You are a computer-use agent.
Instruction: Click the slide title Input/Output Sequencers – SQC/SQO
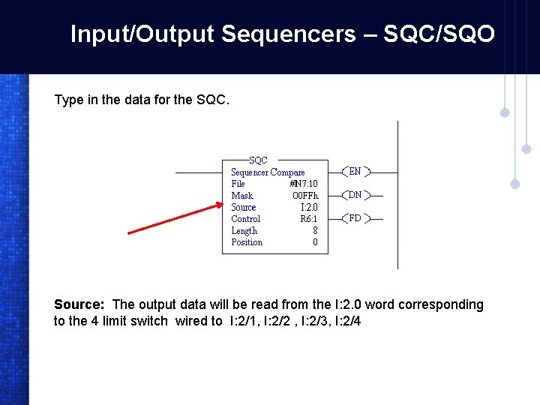tap(282, 34)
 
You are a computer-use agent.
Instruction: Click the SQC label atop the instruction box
tap(258, 160)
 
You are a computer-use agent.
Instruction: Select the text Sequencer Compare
tap(268, 172)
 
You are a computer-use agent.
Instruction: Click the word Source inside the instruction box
tap(244, 207)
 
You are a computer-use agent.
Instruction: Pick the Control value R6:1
tap(308, 219)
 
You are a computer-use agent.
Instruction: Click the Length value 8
tap(315, 231)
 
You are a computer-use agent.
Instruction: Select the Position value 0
tap(315, 242)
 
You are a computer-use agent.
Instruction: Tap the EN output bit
tap(355, 172)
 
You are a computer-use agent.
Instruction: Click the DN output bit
tap(355, 195)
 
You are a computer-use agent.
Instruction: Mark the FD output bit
tap(355, 219)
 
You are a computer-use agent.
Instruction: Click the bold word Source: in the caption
tap(79, 304)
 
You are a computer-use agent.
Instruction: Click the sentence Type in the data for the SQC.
tap(141, 100)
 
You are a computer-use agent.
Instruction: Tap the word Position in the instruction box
tap(247, 242)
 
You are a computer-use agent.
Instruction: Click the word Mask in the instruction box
tap(242, 196)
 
